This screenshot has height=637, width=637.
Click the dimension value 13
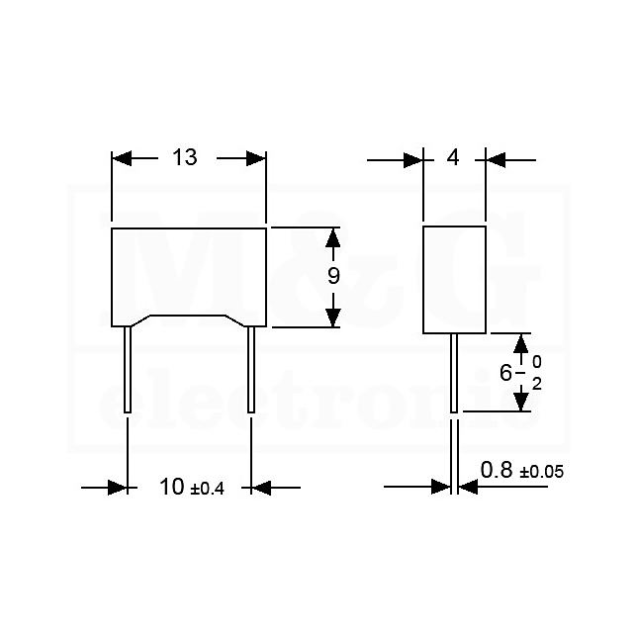pyautogui.click(x=185, y=157)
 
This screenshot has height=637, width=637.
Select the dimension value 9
pyautogui.click(x=333, y=276)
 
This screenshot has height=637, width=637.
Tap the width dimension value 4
pyautogui.click(x=453, y=157)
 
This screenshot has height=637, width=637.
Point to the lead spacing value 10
pyautogui.click(x=172, y=487)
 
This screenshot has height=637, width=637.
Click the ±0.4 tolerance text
pyautogui.click(x=207, y=489)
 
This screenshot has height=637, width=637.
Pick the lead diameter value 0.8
pyautogui.click(x=497, y=470)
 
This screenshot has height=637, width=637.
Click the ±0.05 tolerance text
pyautogui.click(x=542, y=472)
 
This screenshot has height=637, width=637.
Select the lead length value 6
pyautogui.click(x=505, y=373)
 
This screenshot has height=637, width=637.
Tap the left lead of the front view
pyautogui.click(x=128, y=370)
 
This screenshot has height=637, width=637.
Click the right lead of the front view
pyautogui.click(x=251, y=370)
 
